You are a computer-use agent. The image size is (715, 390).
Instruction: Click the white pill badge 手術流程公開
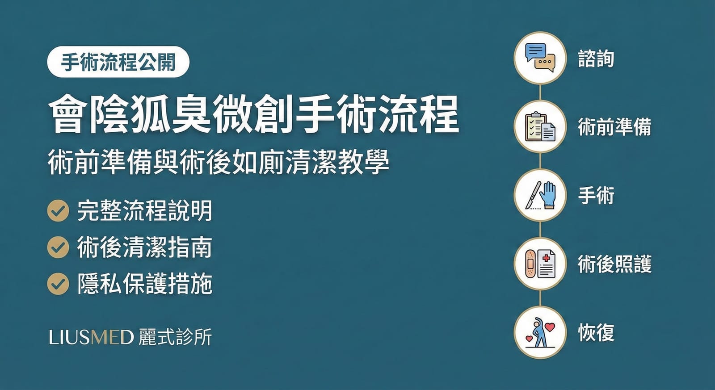click(x=118, y=62)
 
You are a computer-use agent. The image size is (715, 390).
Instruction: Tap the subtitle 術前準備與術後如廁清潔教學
click(x=218, y=162)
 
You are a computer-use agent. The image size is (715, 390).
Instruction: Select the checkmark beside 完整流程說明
click(x=58, y=211)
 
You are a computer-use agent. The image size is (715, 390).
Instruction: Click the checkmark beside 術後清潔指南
click(x=58, y=247)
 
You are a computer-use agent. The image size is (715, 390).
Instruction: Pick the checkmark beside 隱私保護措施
click(x=58, y=284)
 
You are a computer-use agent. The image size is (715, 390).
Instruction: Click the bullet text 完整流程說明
click(x=144, y=211)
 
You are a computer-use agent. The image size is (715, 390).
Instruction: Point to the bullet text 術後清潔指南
click(x=144, y=247)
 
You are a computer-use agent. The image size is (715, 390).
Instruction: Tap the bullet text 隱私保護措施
click(x=144, y=284)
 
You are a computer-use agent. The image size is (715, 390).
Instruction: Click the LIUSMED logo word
click(x=91, y=337)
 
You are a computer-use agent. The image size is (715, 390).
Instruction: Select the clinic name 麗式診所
click(x=175, y=337)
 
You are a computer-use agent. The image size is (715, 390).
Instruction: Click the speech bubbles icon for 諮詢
click(x=540, y=58)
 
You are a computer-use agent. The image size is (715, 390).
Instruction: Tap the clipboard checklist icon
click(x=540, y=126)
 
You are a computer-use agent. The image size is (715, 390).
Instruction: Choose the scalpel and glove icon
click(x=540, y=195)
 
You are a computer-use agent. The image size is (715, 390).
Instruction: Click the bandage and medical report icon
click(x=540, y=264)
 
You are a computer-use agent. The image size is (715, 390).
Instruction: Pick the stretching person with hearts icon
click(x=540, y=332)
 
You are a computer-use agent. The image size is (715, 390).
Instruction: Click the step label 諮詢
click(x=596, y=59)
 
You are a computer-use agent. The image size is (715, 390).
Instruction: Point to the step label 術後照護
click(x=614, y=264)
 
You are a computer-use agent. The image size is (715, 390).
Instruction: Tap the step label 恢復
click(x=596, y=333)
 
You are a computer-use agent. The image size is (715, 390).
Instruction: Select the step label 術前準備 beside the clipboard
click(x=614, y=127)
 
